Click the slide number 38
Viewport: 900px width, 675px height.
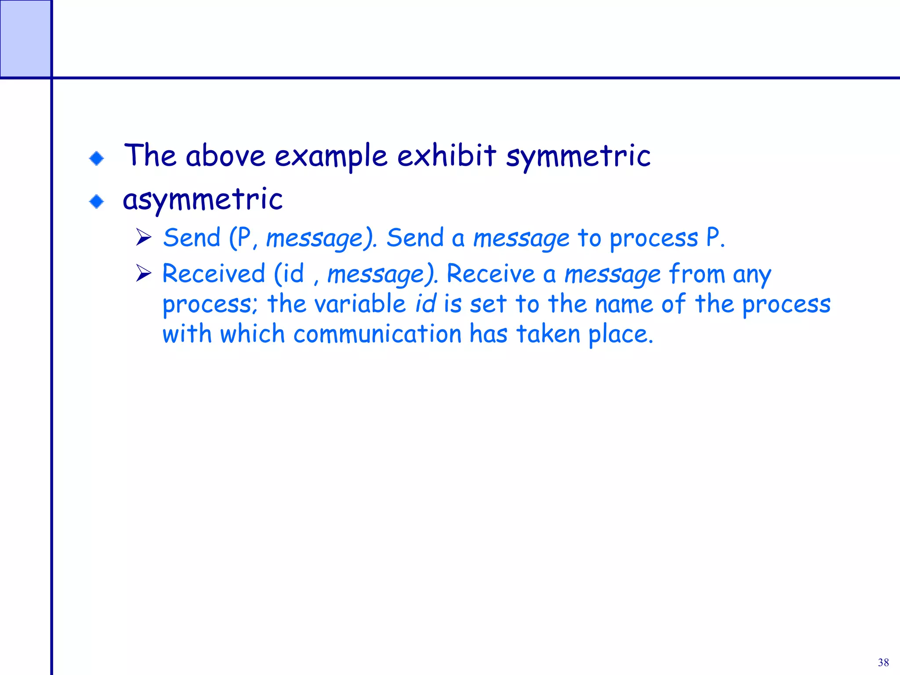883,662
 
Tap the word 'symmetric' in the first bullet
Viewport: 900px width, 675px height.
578,156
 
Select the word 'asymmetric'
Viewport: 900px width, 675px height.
203,200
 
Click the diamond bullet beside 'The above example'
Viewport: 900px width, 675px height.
96,158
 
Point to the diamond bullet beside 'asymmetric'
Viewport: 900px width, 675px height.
96,202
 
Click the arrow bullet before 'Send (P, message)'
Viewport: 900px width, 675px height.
143,237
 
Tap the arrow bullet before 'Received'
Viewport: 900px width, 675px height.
143,273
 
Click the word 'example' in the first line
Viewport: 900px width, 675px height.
331,156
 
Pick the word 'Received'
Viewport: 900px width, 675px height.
214,273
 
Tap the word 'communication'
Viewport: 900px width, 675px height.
377,334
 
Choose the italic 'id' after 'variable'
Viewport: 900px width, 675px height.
425,304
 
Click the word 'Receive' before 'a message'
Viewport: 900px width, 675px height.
490,273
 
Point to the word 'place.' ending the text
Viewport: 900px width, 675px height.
621,335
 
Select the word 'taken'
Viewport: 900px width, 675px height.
548,334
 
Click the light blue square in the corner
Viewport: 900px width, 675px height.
25,38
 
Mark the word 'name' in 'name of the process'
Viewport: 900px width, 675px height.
624,304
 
